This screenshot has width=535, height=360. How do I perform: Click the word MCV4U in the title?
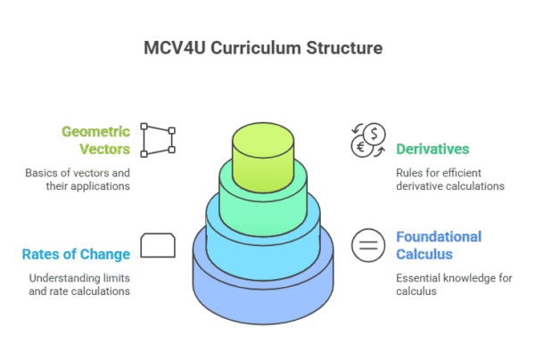pyautogui.click(x=173, y=47)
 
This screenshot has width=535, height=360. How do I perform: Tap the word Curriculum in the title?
pyautogui.click(x=250, y=47)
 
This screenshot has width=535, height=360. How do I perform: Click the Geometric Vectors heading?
pyautogui.click(x=96, y=140)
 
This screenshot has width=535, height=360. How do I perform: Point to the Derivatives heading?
pyautogui.click(x=433, y=149)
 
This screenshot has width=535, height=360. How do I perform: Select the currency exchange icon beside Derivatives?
pyautogui.click(x=366, y=139)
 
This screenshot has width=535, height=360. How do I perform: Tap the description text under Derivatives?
pyautogui.click(x=450, y=180)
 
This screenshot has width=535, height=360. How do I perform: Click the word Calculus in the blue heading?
pyautogui.click(x=424, y=254)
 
